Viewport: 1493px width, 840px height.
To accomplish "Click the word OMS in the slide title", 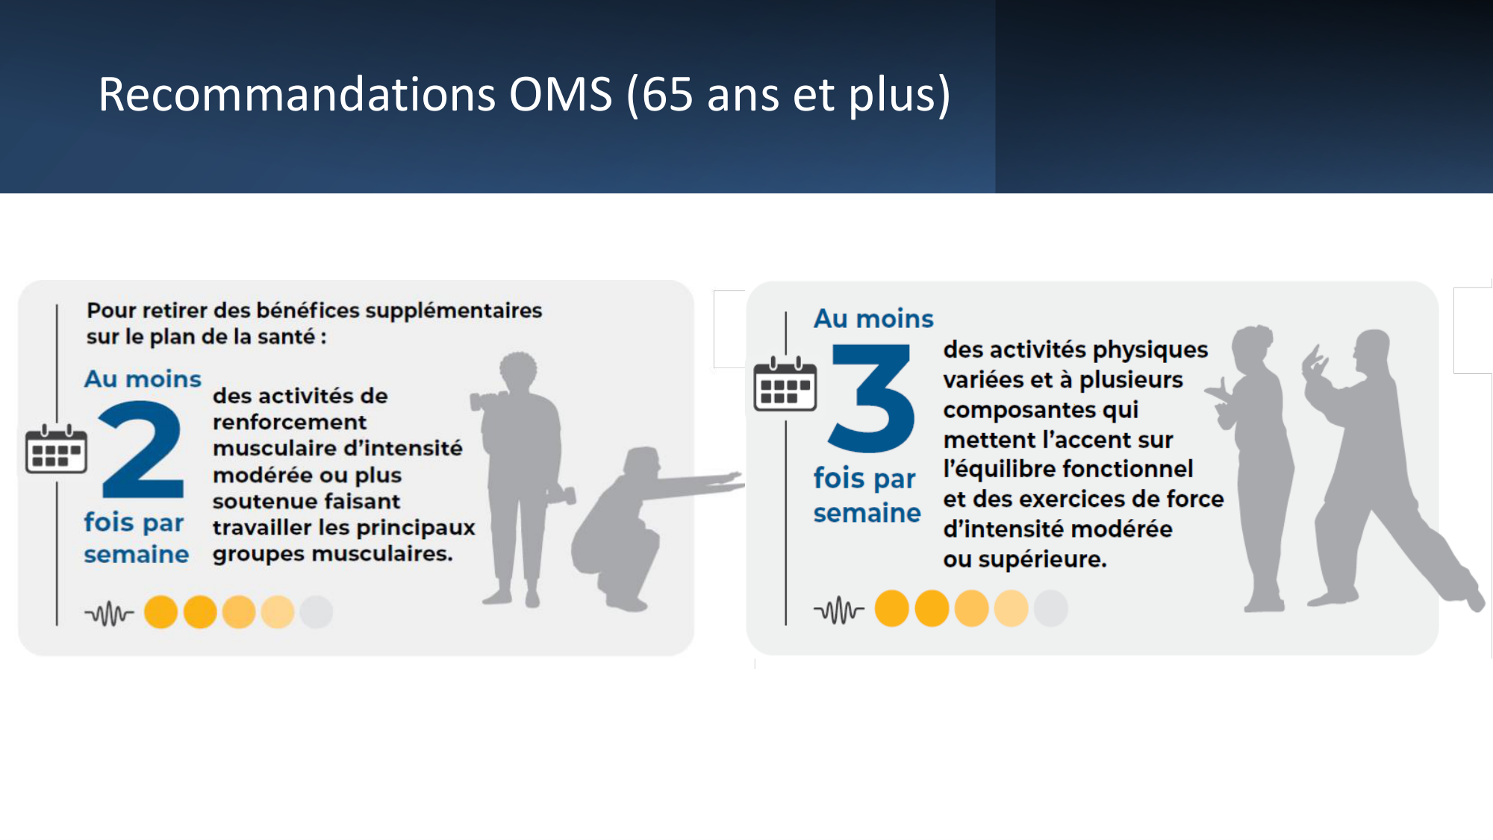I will (561, 95).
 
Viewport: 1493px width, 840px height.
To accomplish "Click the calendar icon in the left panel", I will (56, 449).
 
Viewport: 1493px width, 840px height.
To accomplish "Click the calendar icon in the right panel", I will (785, 385).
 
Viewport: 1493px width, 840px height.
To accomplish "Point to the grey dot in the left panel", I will (317, 612).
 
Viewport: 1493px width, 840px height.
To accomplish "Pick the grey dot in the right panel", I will (1051, 609).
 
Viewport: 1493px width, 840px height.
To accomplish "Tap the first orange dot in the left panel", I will (160, 612).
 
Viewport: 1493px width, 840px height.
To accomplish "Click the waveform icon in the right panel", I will (838, 610).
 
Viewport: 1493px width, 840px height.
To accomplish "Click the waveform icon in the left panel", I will (109, 614).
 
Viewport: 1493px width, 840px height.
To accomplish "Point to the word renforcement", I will (290, 423).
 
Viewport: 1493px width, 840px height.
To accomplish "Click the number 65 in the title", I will (667, 95).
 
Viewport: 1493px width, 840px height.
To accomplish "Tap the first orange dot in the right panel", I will (892, 609).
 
